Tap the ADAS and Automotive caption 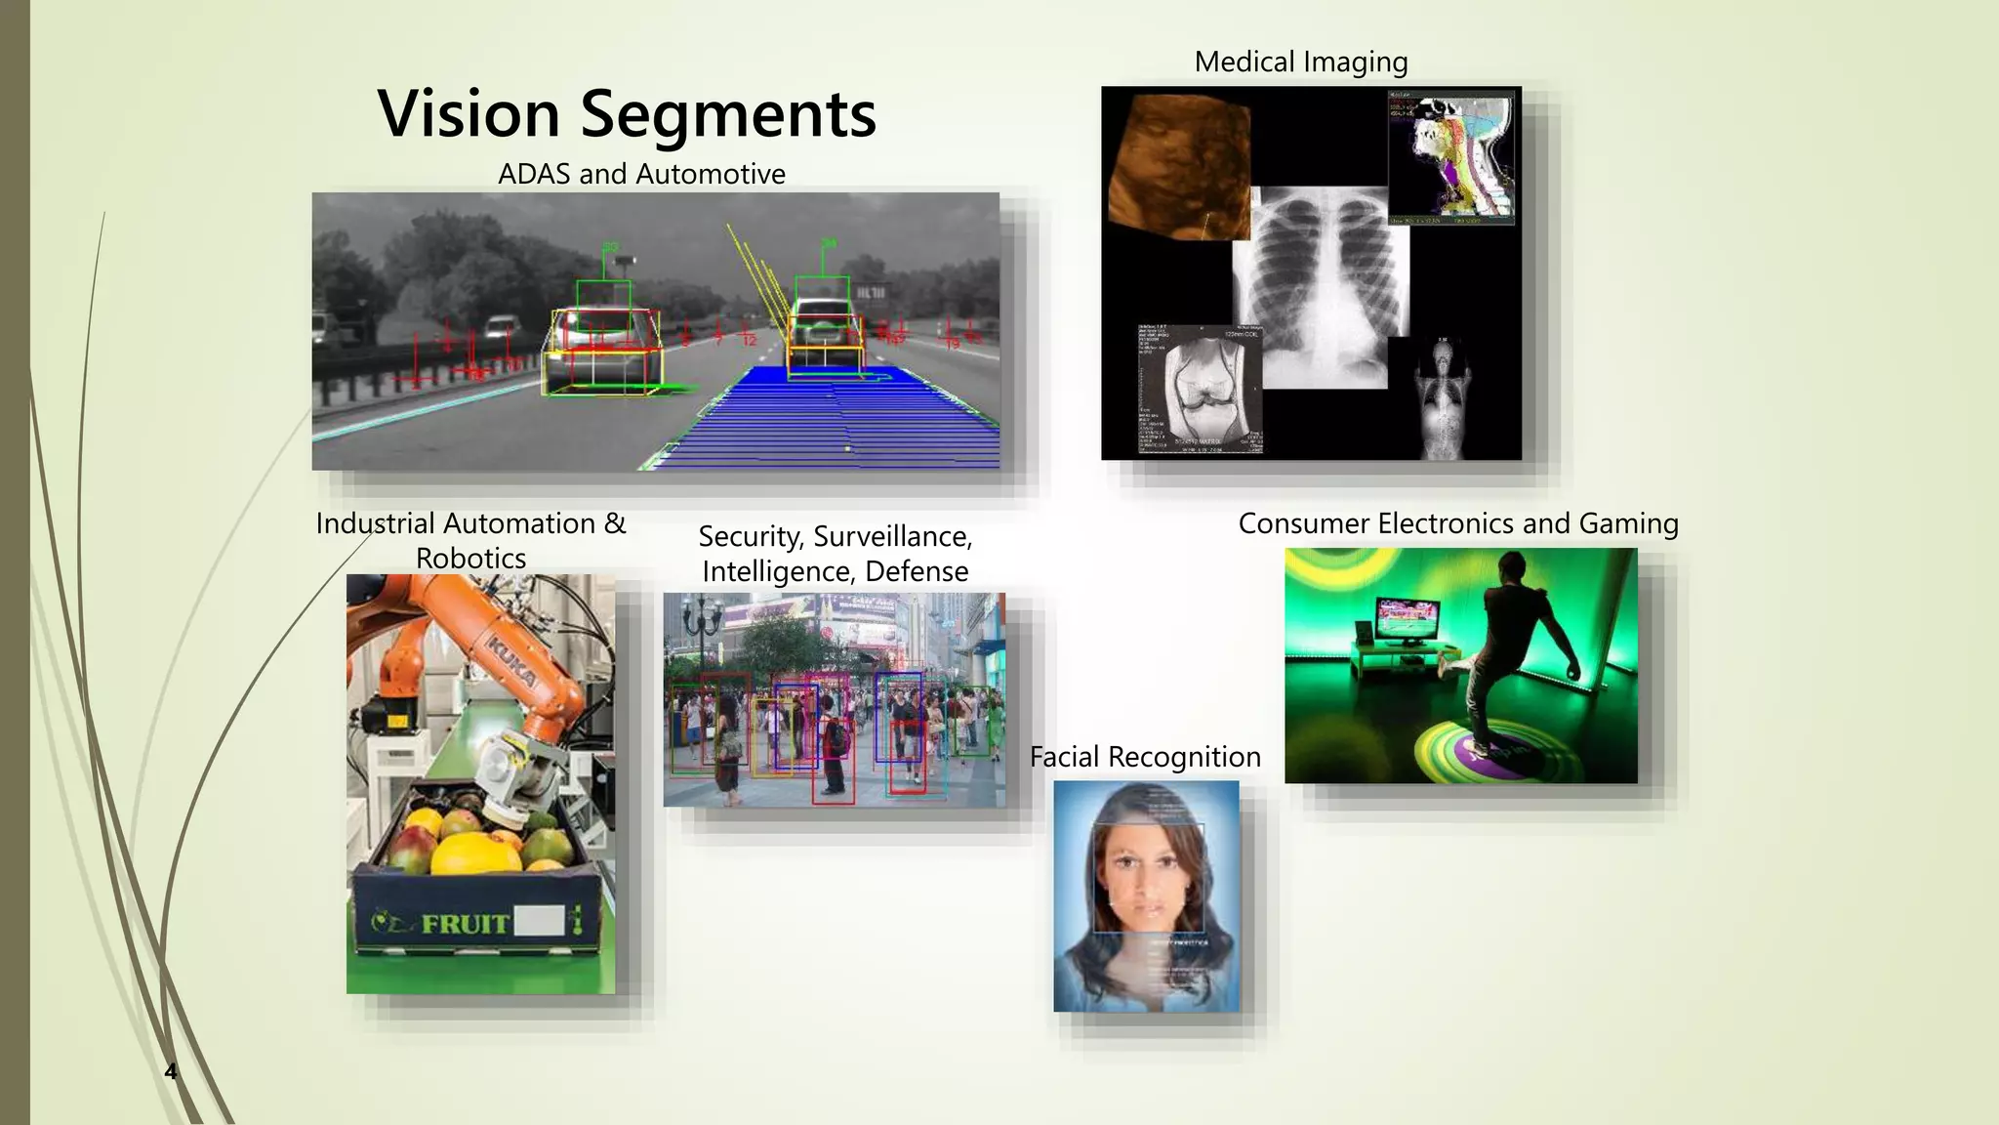coord(641,174)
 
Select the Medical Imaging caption coord(1300,62)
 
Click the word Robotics coord(470,559)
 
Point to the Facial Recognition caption coord(1145,757)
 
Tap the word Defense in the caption coord(917,571)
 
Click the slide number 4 coord(170,1071)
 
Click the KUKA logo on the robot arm coord(511,663)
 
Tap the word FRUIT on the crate coord(465,923)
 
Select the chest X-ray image coord(1320,283)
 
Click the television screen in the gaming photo coord(1407,622)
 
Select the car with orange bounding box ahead coord(825,337)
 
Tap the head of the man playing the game coord(1512,567)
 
